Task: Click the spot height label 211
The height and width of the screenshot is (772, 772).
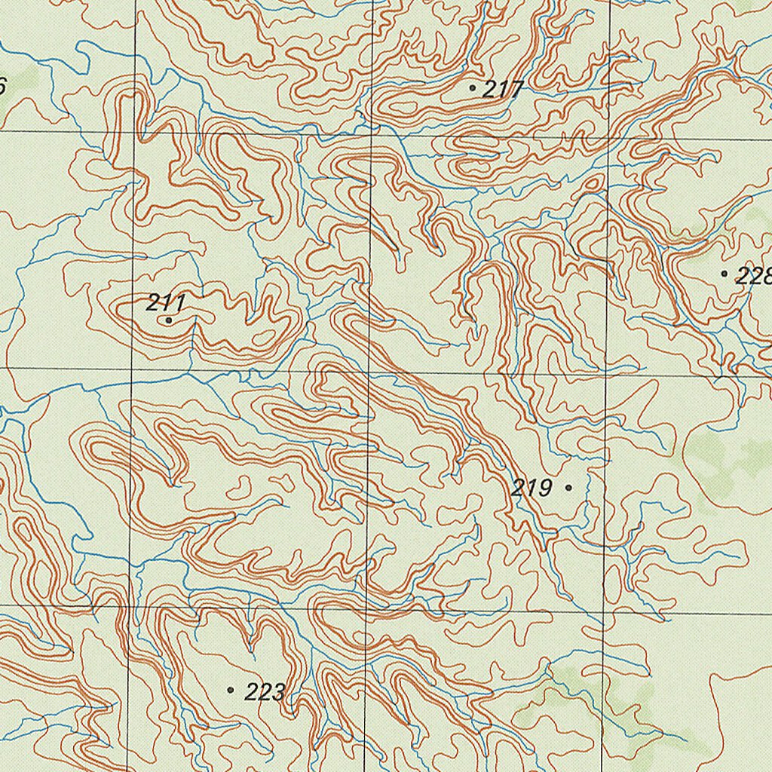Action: pos(166,303)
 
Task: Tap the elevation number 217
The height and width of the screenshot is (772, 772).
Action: pos(503,90)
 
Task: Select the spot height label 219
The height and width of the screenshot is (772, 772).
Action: pos(532,488)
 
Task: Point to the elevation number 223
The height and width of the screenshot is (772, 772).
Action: pos(265,691)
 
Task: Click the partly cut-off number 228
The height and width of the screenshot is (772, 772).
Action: pos(753,276)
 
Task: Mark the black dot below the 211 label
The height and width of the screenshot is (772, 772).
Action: pos(168,320)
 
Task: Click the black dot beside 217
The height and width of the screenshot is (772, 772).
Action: pos(473,88)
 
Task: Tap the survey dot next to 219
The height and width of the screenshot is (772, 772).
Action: pos(568,488)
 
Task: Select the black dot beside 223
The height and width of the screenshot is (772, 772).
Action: pos(230,690)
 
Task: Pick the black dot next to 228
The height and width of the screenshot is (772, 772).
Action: pos(725,274)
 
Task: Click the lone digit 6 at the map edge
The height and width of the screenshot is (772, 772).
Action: pos(2,86)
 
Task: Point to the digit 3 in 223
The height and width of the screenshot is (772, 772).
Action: pos(278,691)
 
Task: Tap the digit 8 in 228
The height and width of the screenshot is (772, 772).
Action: pos(765,276)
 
